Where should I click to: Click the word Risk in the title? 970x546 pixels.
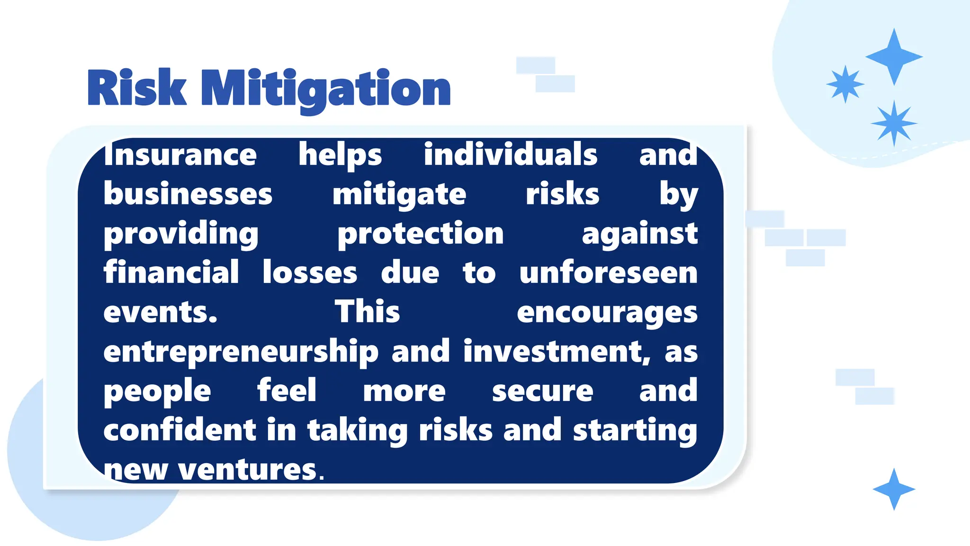coord(137,88)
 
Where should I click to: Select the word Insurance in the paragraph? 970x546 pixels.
coord(180,155)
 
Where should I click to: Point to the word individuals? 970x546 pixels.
coord(511,155)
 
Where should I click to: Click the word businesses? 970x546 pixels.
coord(188,194)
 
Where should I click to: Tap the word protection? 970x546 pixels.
coord(421,234)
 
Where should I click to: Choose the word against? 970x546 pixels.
coord(639,234)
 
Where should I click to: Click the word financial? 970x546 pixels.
coord(171,273)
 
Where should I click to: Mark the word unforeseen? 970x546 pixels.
coord(608,273)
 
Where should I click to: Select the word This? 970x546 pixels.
coord(368,312)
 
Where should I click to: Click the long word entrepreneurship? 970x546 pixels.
coord(241,352)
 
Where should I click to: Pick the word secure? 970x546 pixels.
coord(542,391)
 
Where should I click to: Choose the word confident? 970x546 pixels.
coord(180,430)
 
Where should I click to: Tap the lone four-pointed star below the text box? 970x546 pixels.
coord(894,489)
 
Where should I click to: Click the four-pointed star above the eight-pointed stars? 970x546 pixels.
coord(894,57)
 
